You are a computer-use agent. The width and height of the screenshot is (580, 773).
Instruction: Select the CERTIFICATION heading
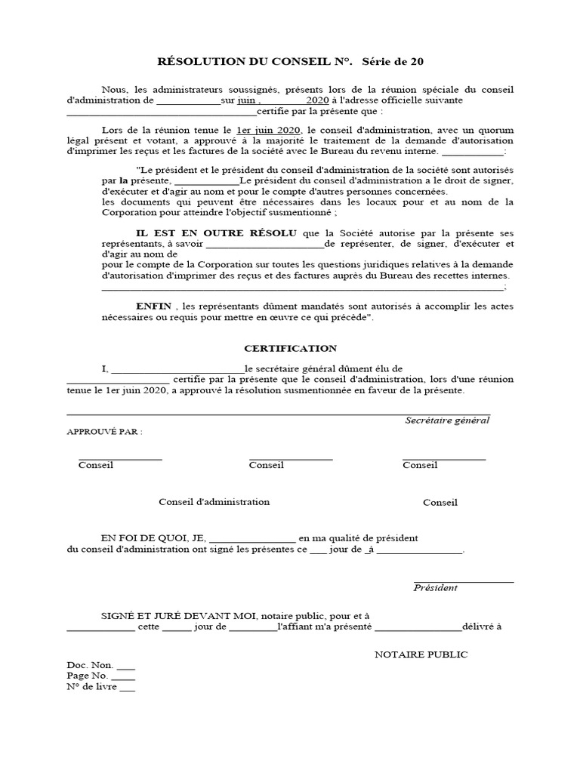click(x=290, y=348)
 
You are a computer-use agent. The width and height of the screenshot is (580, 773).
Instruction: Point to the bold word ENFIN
click(x=153, y=306)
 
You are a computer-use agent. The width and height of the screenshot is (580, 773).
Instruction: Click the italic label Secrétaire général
click(x=447, y=420)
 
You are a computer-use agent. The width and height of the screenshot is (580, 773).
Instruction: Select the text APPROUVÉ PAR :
click(x=105, y=432)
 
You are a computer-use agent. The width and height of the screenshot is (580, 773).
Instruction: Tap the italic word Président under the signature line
click(x=436, y=587)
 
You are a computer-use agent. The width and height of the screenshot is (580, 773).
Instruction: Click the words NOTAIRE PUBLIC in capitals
click(x=421, y=654)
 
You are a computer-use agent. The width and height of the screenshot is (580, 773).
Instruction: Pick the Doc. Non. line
click(x=100, y=665)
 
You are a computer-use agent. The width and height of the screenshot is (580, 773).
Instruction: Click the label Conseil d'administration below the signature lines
click(x=214, y=502)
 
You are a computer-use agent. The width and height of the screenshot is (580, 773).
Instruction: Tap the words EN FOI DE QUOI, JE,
click(x=153, y=538)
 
